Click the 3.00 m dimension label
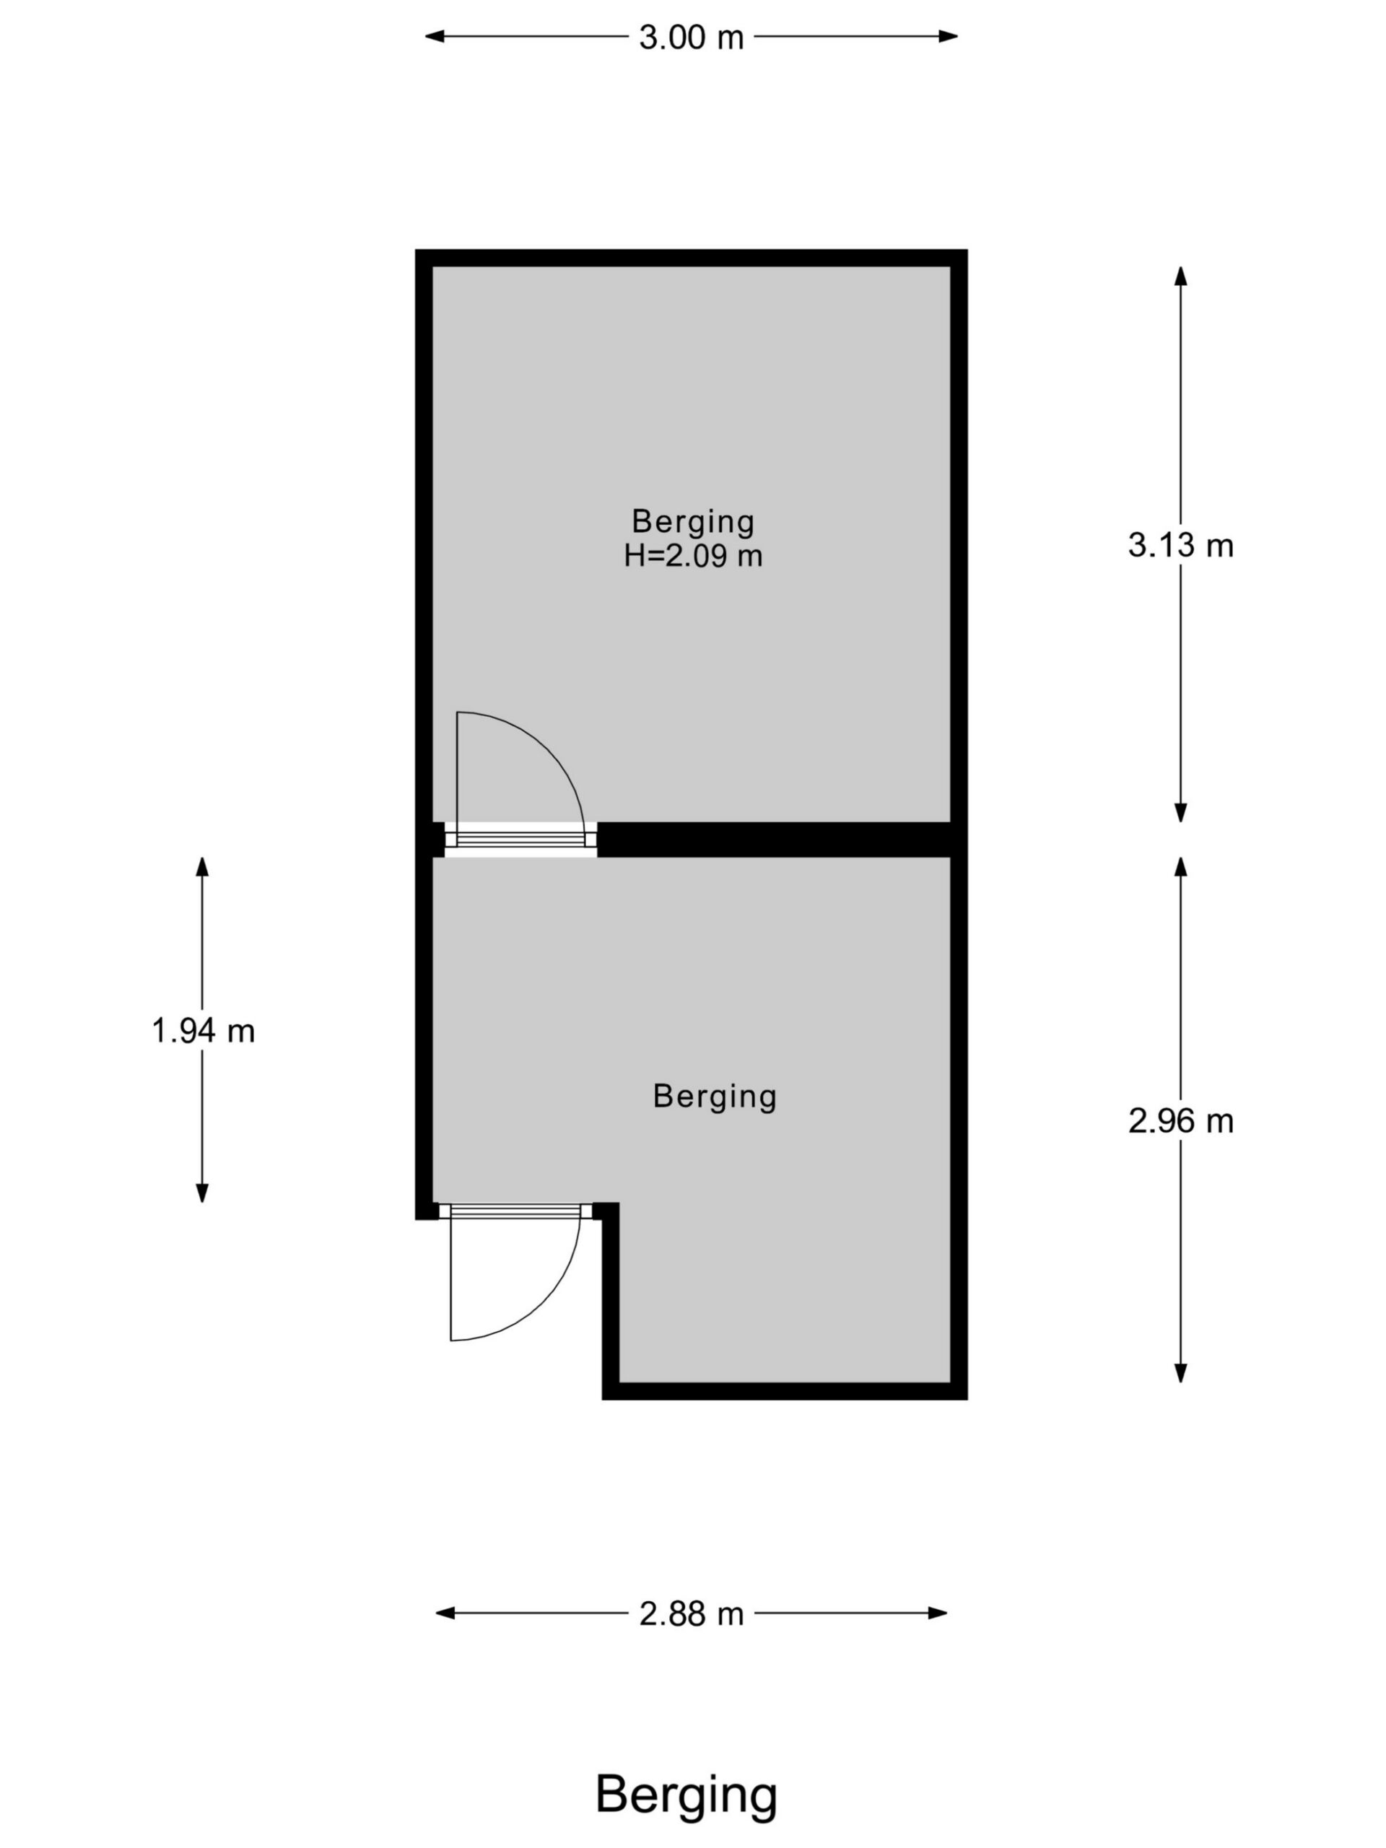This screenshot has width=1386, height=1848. coord(691,38)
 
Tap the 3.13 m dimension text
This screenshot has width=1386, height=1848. coord(1180,546)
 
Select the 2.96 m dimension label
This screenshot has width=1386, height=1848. coord(1180,1121)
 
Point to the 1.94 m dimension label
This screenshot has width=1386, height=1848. coord(202,1031)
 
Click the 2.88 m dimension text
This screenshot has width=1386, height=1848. coord(691,1613)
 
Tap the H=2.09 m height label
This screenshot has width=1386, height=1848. coord(692,556)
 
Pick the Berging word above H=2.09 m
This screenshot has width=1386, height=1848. coord(692,522)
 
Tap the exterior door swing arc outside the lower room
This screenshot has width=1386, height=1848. coord(543,1303)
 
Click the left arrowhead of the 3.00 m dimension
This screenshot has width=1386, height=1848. coord(435,37)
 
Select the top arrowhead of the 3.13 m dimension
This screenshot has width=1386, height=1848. coord(1180,276)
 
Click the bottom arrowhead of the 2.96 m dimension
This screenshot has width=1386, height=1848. coord(1180,1372)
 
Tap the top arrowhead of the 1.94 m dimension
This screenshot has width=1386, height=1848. coord(202,867)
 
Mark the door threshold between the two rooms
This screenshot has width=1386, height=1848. coord(521,840)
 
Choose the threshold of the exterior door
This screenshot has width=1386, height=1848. coord(515,1211)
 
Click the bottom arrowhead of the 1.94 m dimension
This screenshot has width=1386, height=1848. coord(202,1193)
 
